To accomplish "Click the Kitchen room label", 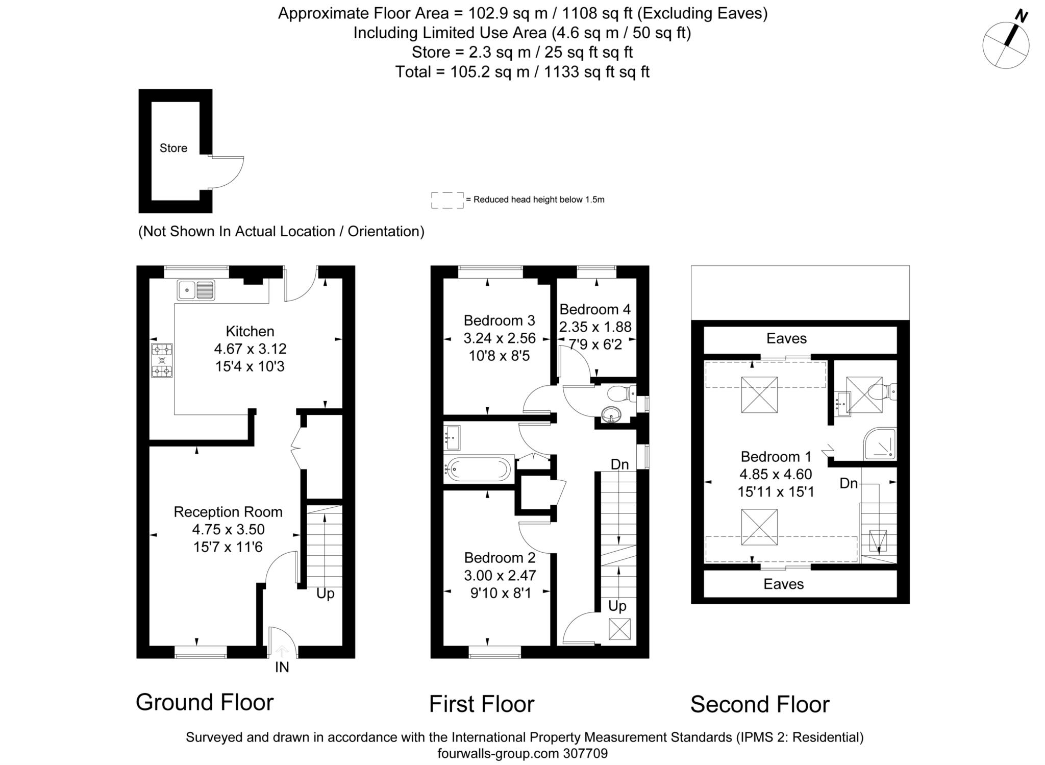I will click(x=250, y=331).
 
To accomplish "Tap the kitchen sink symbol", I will click(x=196, y=290).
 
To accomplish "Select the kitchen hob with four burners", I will click(x=162, y=360).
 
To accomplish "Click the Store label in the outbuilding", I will click(x=173, y=148).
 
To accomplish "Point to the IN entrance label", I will click(x=282, y=667).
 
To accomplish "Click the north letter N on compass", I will click(x=1021, y=16).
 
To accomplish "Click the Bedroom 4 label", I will click(x=595, y=309).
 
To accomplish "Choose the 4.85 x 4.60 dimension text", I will click(x=776, y=474).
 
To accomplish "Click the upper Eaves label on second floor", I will click(x=786, y=338).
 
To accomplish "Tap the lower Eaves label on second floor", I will click(x=783, y=584).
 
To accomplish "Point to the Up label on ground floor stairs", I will click(x=325, y=594).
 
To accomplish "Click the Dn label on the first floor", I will click(x=619, y=464).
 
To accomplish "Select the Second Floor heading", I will click(x=760, y=704).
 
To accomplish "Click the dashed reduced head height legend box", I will click(x=447, y=200).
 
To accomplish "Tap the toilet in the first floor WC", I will click(x=620, y=393).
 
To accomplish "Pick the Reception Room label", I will click(x=228, y=512).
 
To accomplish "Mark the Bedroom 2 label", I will click(x=500, y=558).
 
